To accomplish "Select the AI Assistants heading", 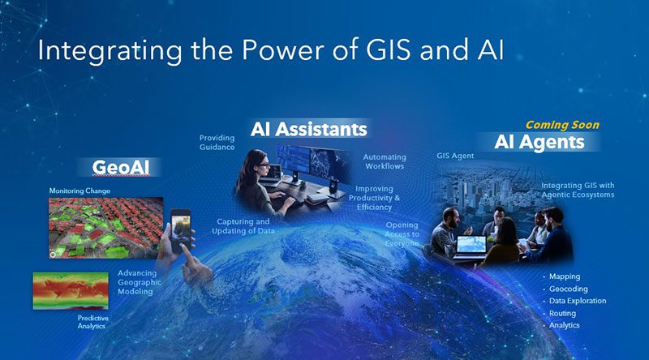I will pos(307,129).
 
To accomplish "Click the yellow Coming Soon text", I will pos(562,125).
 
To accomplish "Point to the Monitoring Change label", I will pos(80,191).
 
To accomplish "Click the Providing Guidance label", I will pos(217,143).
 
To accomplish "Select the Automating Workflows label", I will pos(384,161).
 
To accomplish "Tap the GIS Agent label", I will pos(454,154).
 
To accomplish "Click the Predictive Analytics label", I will pos(88,323).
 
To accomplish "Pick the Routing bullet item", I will pos(562,313).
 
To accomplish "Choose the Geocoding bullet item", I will pos(568,289).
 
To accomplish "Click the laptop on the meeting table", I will pos(470,244).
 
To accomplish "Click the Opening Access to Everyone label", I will pos(402,234).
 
